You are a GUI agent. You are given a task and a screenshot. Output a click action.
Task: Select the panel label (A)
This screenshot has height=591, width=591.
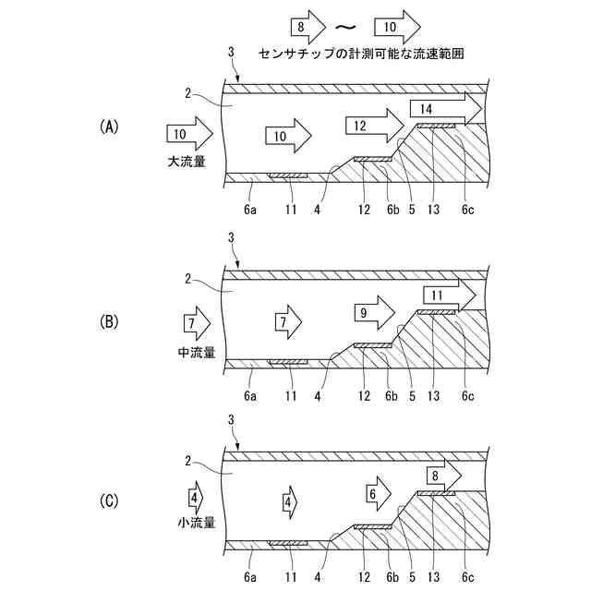point(110,127)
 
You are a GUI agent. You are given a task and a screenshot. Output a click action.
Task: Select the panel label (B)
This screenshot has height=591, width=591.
point(110,321)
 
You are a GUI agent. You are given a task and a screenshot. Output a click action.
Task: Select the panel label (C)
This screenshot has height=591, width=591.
point(110,501)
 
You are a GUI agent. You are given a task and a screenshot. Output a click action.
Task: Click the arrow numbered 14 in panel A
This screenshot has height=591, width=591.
point(443,109)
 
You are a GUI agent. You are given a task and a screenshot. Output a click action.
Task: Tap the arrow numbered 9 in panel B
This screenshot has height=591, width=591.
point(372,314)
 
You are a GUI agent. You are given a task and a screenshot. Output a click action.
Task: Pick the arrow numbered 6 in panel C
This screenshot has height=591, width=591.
point(376,494)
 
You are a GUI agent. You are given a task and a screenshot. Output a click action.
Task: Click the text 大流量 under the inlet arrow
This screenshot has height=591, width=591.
point(187,161)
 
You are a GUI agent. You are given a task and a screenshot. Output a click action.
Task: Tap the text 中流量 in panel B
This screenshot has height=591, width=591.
point(196,352)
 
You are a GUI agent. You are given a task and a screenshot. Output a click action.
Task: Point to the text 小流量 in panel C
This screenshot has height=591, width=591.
point(196,523)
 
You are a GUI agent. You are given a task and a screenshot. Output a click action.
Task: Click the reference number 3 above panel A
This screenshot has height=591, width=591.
point(230,54)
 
